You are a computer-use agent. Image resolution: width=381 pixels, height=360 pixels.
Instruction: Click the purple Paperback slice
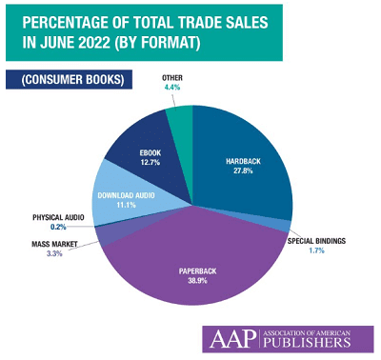[x=195, y=257]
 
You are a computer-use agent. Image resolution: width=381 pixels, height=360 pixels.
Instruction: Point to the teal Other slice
[x=180, y=119]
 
